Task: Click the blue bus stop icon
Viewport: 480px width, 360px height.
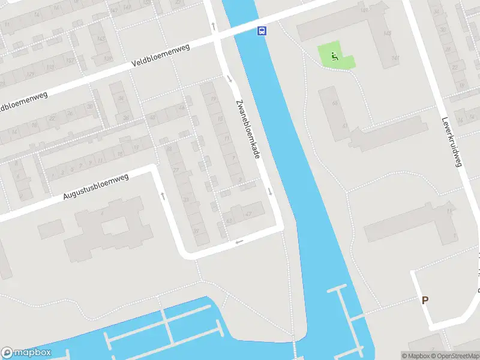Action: click(262, 31)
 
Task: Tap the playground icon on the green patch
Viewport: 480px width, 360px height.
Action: click(335, 58)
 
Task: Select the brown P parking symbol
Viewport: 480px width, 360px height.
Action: click(425, 301)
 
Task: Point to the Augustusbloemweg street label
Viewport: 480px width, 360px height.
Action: click(96, 187)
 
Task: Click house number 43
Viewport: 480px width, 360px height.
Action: click(229, 220)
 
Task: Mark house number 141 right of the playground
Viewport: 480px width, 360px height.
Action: click(395, 58)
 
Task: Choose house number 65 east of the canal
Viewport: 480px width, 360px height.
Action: click(335, 103)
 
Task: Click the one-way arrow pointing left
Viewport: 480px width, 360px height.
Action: click(239, 242)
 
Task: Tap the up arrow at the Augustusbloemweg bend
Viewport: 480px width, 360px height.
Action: click(162, 196)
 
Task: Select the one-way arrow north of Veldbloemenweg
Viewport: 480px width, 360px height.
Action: click(214, 25)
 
